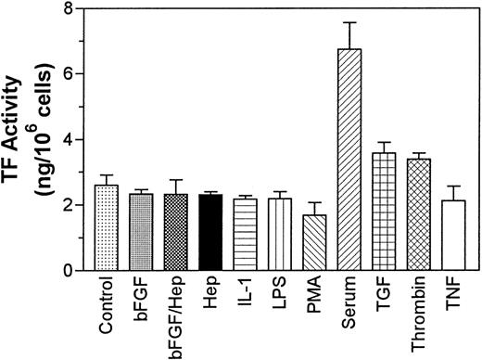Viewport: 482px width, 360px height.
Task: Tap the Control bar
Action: point(108,227)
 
